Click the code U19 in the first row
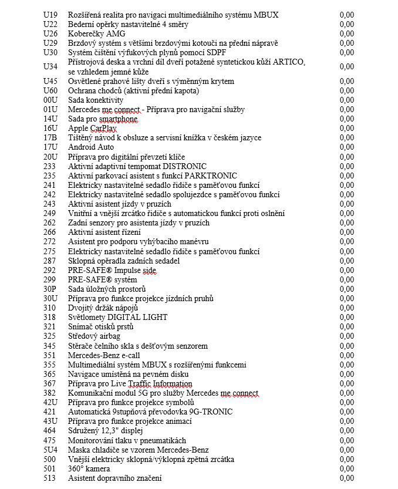50,15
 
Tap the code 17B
50,138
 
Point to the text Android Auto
91,147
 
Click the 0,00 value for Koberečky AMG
346,33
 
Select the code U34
50,66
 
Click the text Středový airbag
94,336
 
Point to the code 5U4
50,450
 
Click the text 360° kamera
89,468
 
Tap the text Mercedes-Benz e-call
104,355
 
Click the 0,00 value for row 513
346,478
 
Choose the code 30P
50,289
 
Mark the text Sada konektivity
96,100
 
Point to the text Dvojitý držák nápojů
103,308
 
